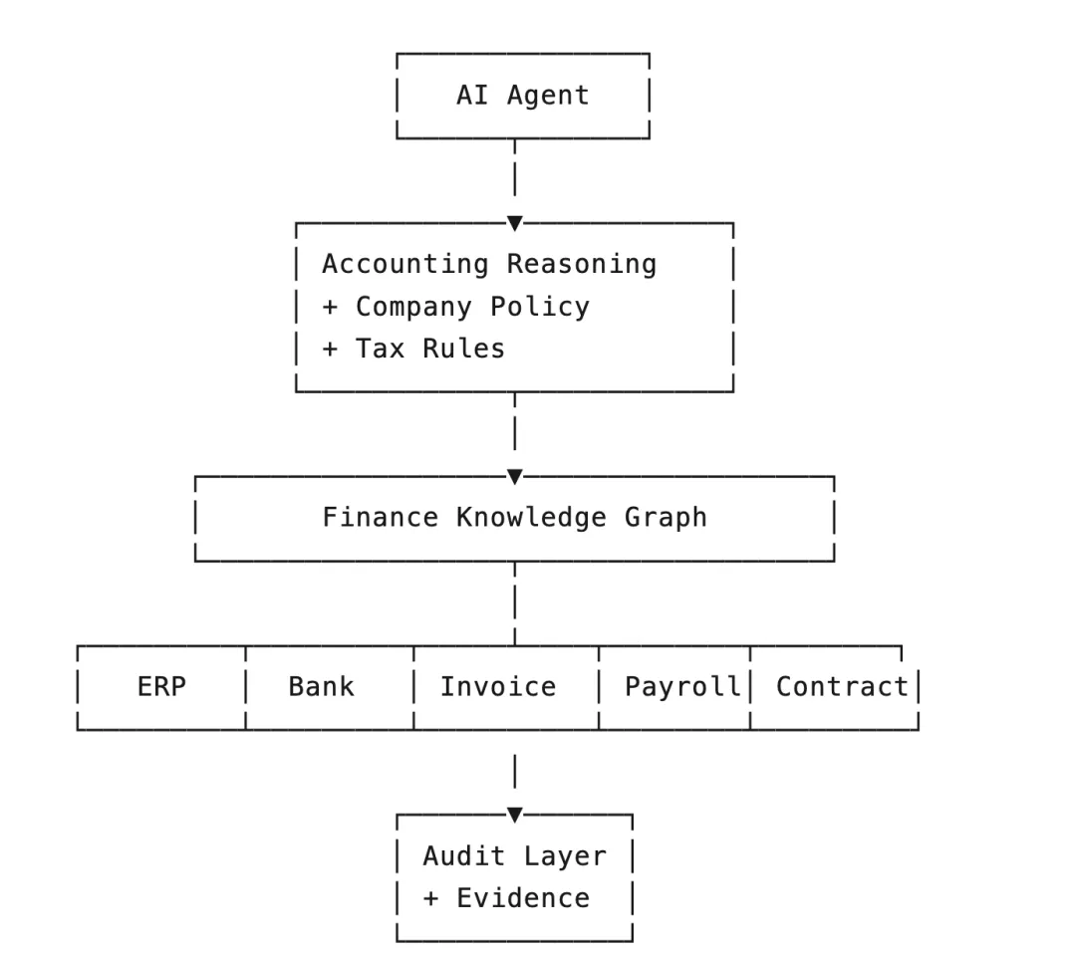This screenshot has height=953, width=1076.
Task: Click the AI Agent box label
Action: click(x=523, y=96)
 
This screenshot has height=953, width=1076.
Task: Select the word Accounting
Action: click(x=405, y=265)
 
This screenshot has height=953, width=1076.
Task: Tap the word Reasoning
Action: click(x=582, y=265)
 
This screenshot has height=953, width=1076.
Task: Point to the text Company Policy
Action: click(x=473, y=308)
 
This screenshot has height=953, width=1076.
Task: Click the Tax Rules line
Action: click(x=413, y=349)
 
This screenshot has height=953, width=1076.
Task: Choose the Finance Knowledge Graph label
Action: click(x=515, y=518)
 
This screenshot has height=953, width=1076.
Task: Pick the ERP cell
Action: click(x=162, y=687)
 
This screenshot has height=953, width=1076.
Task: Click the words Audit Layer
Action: click(x=515, y=856)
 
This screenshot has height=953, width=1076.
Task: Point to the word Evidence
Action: click(x=524, y=898)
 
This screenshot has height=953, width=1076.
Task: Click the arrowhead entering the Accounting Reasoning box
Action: click(x=515, y=223)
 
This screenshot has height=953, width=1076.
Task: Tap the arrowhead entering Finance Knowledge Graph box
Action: click(x=515, y=476)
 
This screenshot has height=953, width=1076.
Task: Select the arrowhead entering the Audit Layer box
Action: click(x=515, y=815)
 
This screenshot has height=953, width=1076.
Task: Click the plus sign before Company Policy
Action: click(x=330, y=308)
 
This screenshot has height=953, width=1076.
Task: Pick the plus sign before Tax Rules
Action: click(x=330, y=350)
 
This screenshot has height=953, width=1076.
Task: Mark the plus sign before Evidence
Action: click(x=431, y=899)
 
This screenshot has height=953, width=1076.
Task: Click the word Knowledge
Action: click(x=532, y=518)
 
